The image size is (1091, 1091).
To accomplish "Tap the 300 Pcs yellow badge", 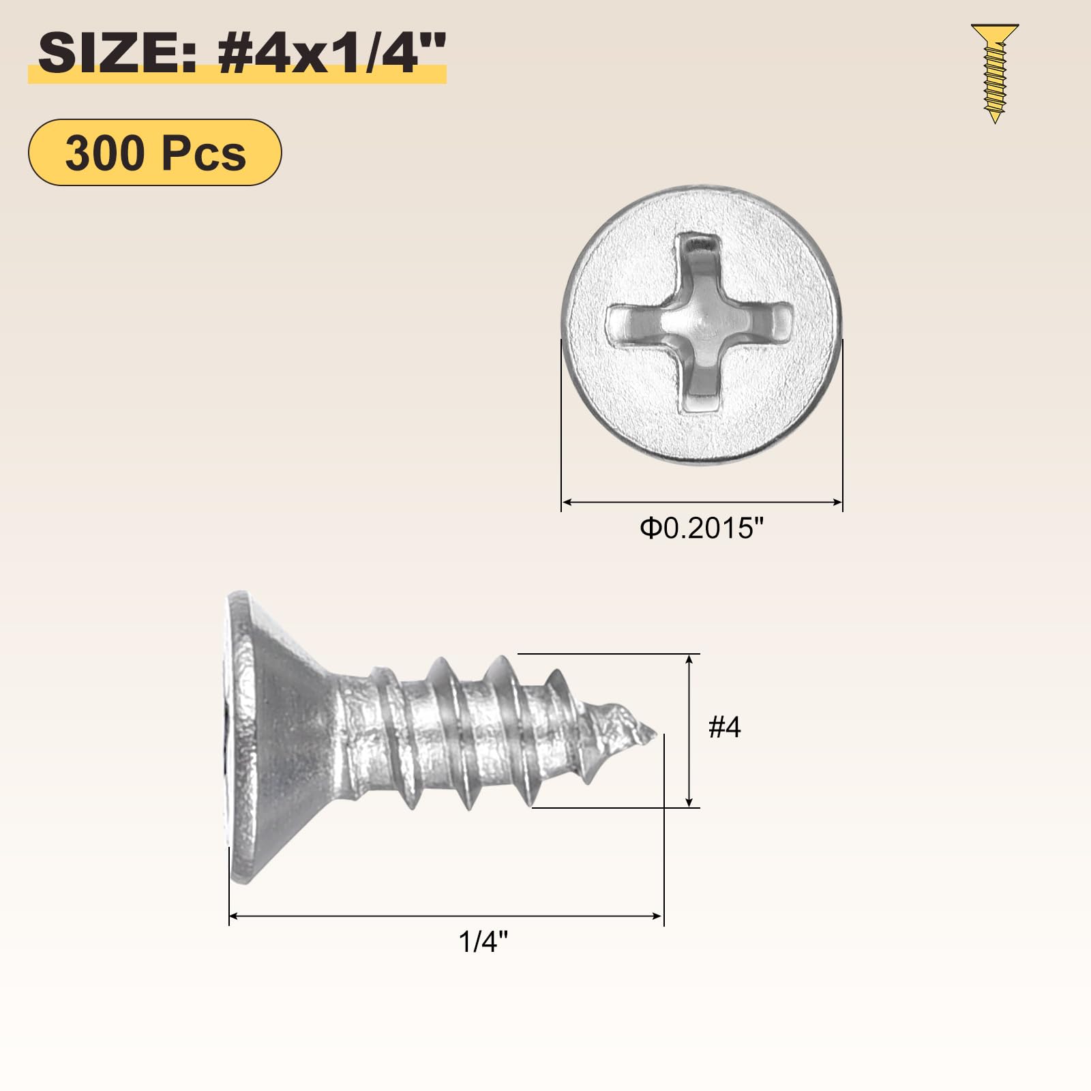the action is pyautogui.click(x=155, y=152).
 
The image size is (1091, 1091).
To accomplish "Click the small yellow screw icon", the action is pyautogui.click(x=995, y=73).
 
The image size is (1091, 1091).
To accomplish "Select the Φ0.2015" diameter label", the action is pyautogui.click(x=702, y=528).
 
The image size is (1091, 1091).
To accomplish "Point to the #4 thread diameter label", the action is pyautogui.click(x=724, y=727).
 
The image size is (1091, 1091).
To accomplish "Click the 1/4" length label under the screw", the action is pyautogui.click(x=483, y=942).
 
